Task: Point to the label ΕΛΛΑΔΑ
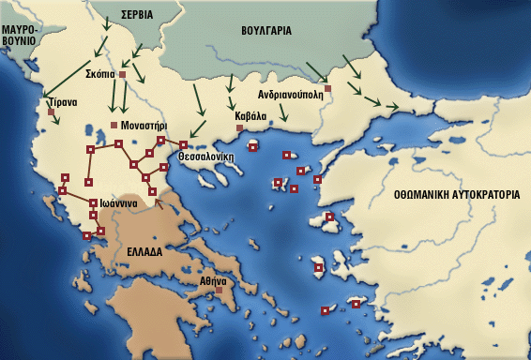pos(144,252)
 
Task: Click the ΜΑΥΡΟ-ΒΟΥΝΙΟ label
pos(18,36)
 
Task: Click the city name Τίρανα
pos(56,102)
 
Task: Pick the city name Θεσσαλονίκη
pos(205,158)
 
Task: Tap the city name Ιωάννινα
pos(119,203)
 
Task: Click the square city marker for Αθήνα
pos(220,291)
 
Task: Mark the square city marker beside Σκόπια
pos(122,73)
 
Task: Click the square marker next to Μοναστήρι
pos(114,125)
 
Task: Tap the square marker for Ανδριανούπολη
pos(327,89)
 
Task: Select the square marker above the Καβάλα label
pos(239,127)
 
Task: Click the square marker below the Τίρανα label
pos(51,112)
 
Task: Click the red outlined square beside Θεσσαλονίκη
pos(183,144)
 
